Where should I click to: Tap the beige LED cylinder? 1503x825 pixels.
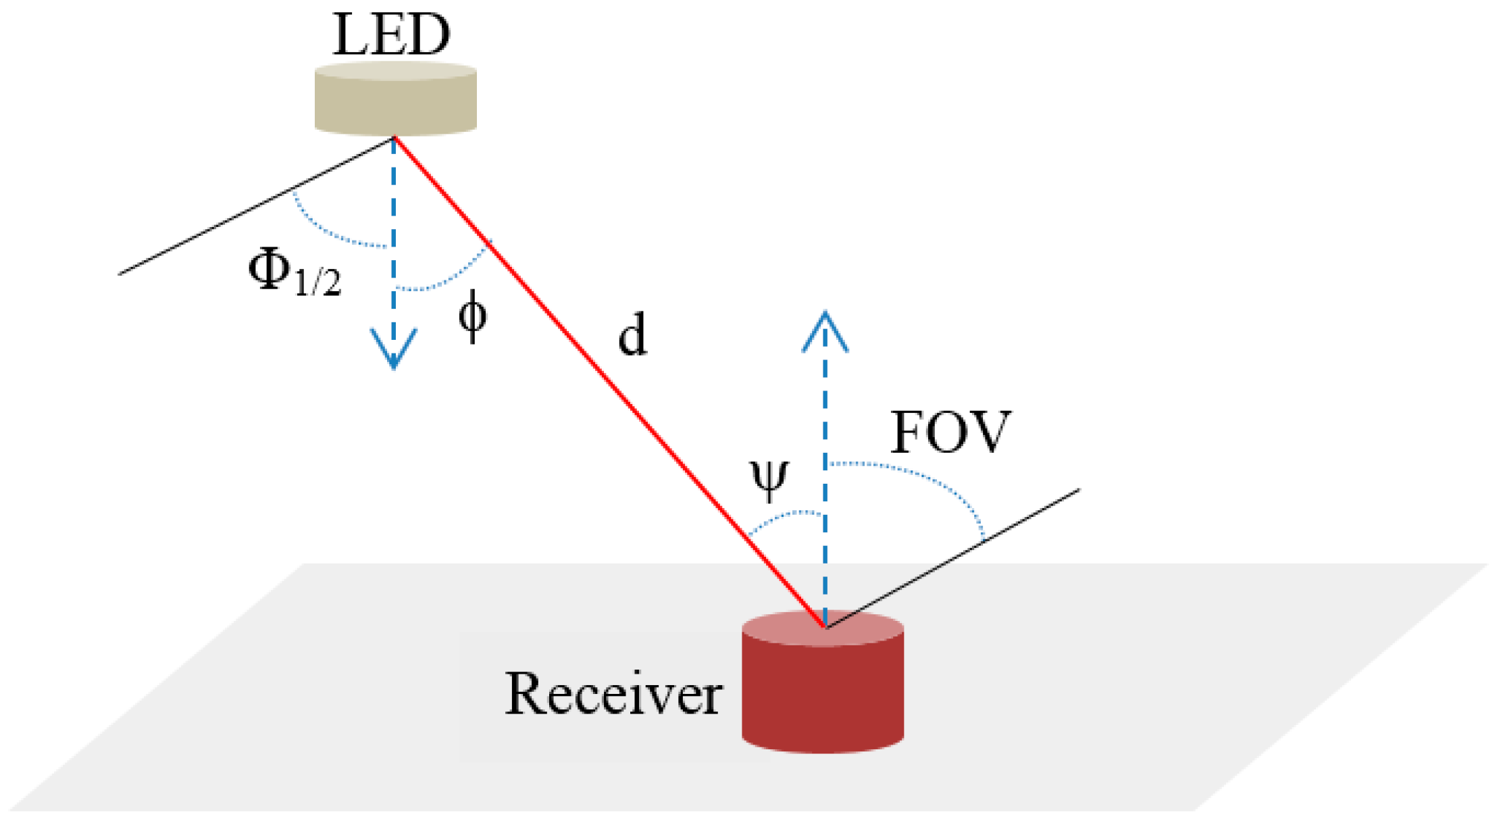[395, 101]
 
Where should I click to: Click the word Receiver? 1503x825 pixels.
[613, 694]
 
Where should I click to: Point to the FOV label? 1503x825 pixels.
[950, 432]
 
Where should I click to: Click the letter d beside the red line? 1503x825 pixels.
[632, 336]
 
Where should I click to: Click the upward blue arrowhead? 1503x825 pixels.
[825, 331]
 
